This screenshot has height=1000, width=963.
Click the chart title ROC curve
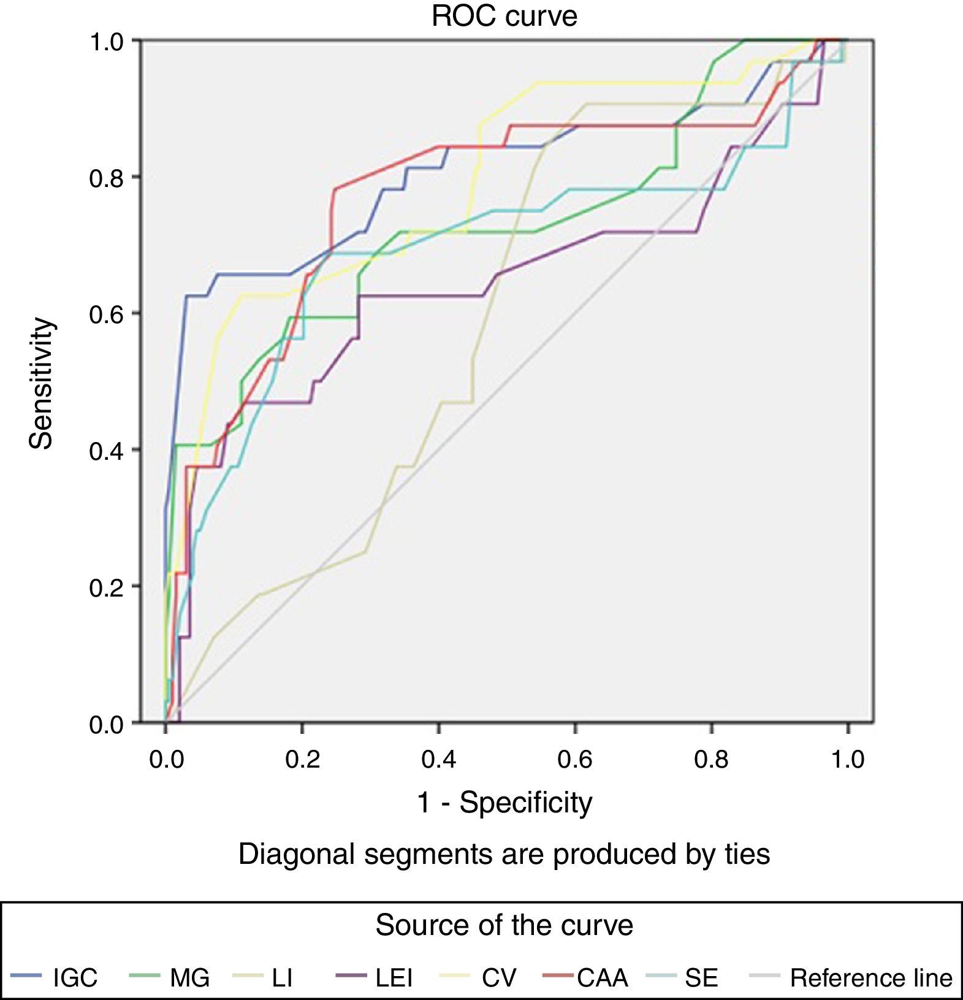tap(504, 16)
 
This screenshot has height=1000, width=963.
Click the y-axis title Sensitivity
tap(42, 384)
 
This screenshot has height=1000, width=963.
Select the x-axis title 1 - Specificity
tap(504, 802)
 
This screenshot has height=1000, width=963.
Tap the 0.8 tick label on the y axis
tap(106, 178)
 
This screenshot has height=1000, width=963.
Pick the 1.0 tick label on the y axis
tap(106, 42)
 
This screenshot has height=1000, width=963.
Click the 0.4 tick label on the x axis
tap(439, 760)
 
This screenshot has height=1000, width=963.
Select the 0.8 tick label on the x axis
tap(711, 760)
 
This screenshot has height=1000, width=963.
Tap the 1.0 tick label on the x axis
tap(848, 760)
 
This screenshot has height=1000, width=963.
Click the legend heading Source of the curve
tap(504, 925)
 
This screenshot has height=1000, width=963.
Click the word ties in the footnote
tap(747, 854)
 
